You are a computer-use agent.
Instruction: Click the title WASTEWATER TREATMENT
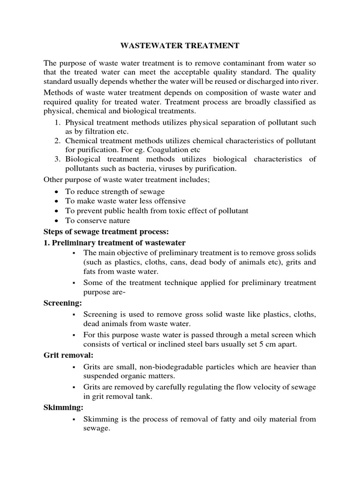point(180,45)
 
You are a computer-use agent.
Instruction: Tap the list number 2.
point(55,141)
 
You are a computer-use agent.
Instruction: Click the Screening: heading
point(62,303)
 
